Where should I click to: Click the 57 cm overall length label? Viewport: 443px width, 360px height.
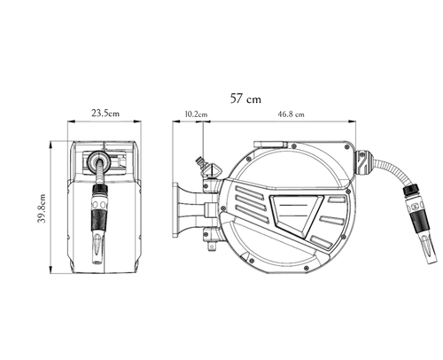(245, 98)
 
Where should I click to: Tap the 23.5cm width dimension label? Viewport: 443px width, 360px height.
(105, 113)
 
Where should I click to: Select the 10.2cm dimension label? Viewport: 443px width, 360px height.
(196, 114)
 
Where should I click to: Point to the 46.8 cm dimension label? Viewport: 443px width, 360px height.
(291, 114)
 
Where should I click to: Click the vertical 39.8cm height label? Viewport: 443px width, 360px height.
(42, 208)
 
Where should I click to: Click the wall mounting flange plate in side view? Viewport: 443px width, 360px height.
(175, 210)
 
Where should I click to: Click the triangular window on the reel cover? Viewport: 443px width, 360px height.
(296, 214)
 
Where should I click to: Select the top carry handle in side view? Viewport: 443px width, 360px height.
(270, 145)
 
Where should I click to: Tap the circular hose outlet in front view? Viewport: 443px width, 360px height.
(99, 159)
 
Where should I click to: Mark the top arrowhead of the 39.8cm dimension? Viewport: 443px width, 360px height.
(51, 145)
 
